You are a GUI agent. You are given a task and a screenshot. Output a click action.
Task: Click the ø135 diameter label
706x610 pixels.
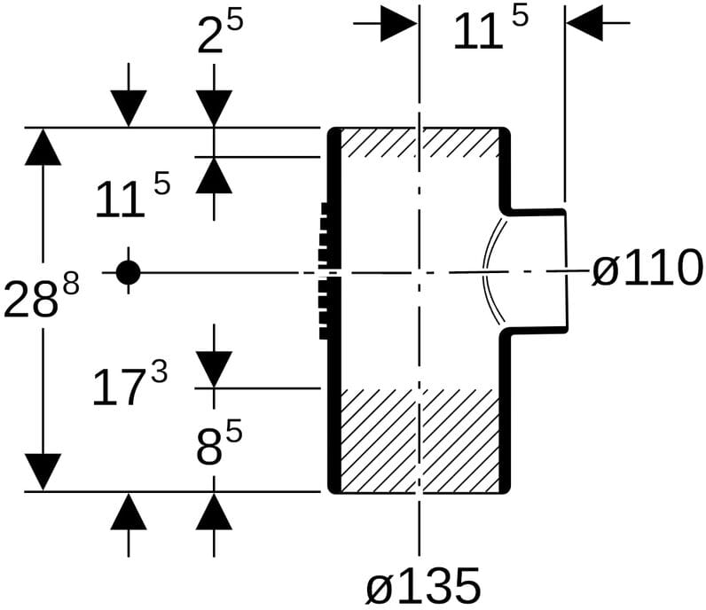coord(423,586)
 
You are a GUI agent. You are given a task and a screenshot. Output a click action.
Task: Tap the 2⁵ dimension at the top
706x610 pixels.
coord(220,33)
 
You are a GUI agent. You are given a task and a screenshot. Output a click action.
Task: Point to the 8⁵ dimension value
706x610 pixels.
coord(219,442)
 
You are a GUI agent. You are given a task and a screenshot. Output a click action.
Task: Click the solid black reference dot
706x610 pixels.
coord(129,272)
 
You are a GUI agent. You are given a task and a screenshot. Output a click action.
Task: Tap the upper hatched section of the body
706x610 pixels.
coord(420,143)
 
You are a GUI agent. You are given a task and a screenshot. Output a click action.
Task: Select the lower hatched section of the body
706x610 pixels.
coord(420,441)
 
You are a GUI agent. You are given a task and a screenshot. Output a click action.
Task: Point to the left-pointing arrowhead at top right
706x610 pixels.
coord(584,23)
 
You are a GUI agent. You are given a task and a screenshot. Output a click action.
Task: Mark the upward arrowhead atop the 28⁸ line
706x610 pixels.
coord(43,147)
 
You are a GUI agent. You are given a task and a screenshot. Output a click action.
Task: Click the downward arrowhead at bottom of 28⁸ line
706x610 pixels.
coord(43,472)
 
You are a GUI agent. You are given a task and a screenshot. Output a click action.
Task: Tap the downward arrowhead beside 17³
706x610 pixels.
coord(214,369)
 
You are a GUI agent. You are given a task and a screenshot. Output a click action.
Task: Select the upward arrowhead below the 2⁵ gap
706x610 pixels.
coord(214,176)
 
